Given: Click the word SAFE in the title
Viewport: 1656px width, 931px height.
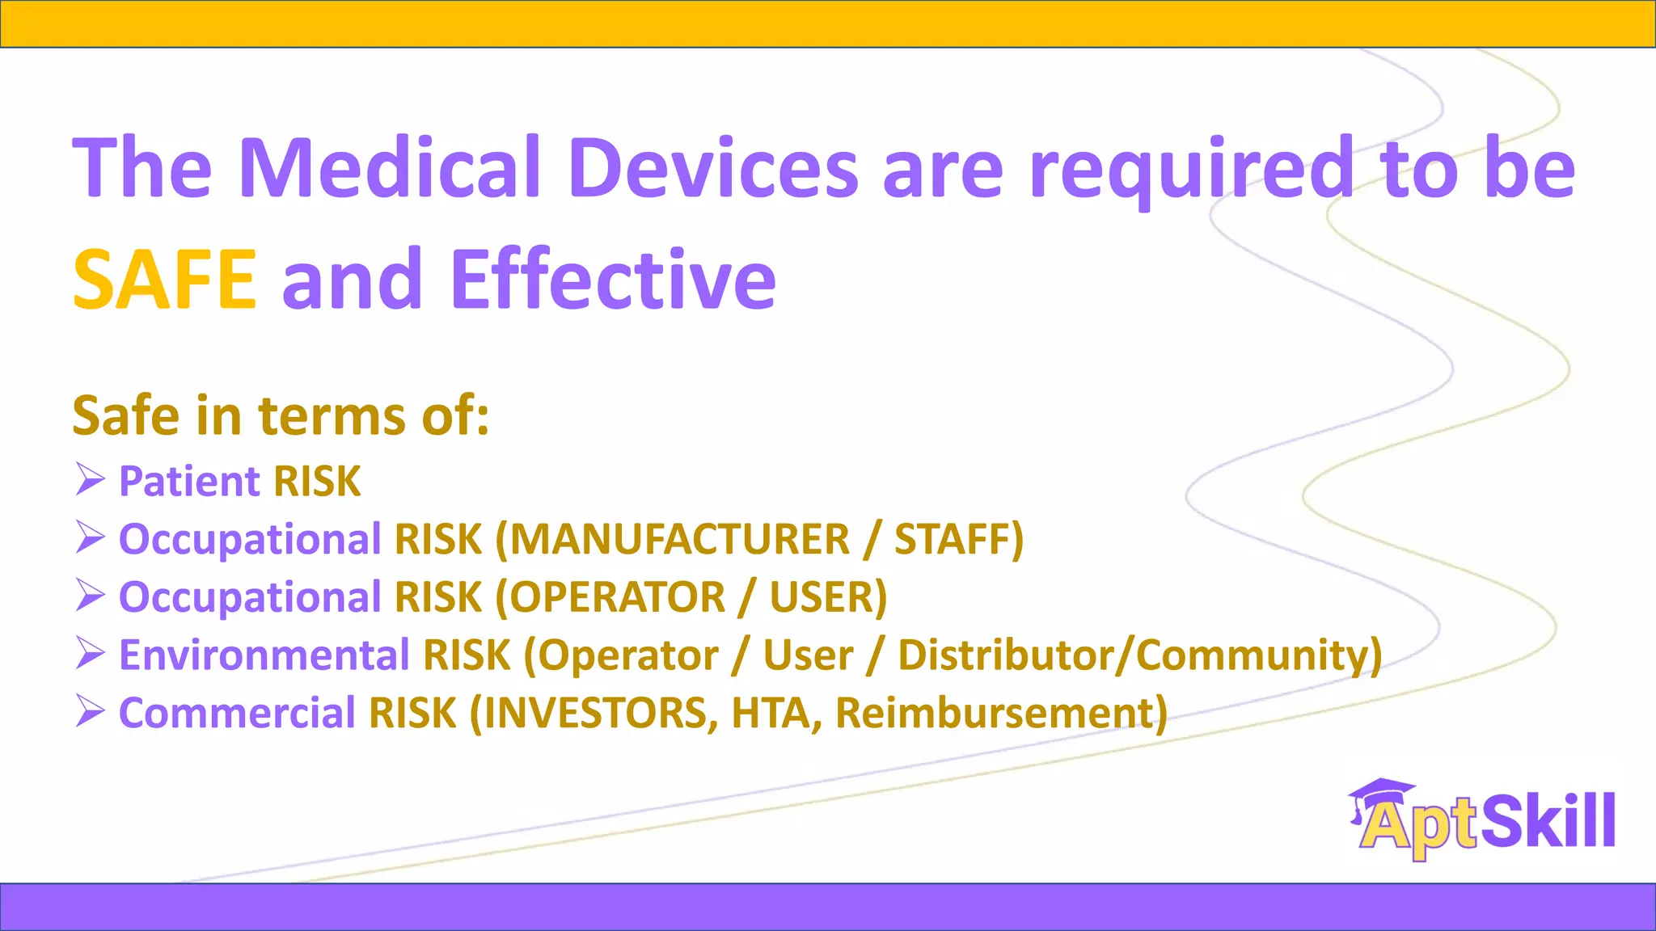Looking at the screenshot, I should click(165, 280).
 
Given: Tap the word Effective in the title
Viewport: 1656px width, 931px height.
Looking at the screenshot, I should click(613, 280).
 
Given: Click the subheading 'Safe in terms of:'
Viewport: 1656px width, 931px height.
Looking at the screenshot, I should click(281, 416).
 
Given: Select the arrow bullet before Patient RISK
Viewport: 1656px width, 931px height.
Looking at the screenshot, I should click(90, 479).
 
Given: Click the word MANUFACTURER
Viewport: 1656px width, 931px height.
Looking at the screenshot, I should click(672, 539).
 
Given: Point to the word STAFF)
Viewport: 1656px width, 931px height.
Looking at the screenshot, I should click(959, 539).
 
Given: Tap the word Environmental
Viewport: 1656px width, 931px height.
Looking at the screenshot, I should click(264, 655).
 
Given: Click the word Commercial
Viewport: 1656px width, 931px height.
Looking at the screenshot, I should click(237, 714).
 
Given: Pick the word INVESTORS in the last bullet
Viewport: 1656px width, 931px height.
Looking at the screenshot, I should click(595, 714).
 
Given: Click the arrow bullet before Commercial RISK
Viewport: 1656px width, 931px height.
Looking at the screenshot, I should click(90, 711).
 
